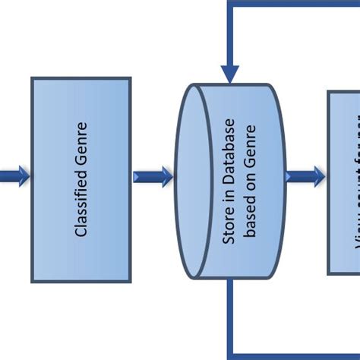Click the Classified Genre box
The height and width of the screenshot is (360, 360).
pos(81,179)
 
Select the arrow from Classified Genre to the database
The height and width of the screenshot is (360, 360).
pos(153,177)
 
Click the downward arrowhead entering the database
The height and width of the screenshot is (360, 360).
pos(230,74)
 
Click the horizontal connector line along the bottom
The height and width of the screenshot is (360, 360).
pos(296,355)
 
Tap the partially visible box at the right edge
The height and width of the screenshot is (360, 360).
pos(344,182)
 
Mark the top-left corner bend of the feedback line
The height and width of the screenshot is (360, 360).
pos(230,4)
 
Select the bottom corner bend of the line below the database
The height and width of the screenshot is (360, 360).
pos(230,354)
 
